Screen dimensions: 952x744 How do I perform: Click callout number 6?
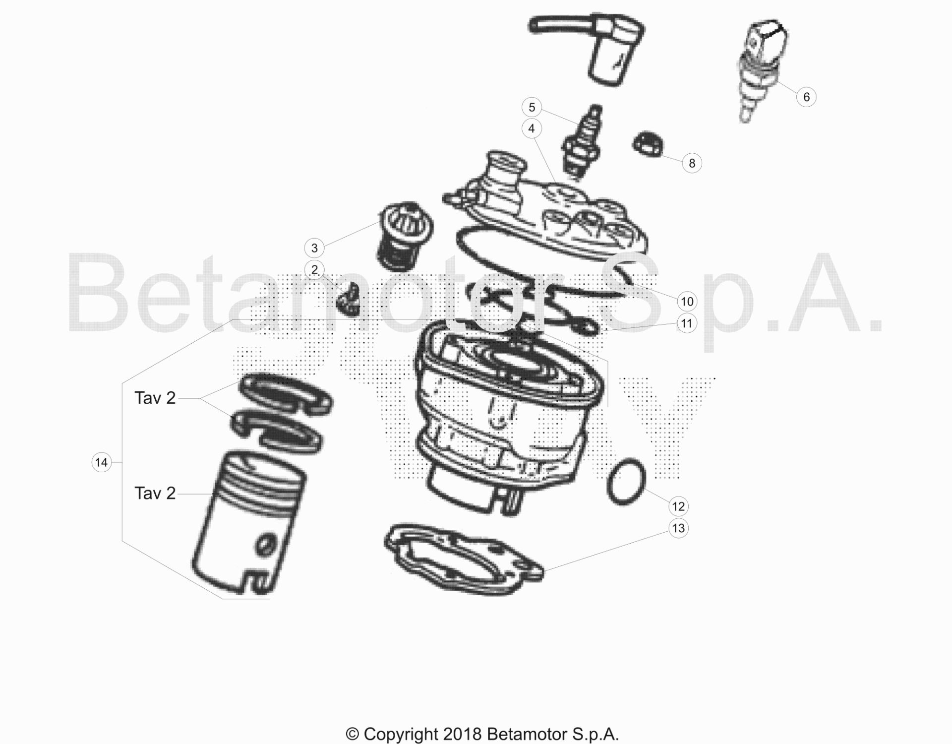coord(806,97)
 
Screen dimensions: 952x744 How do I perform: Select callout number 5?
coord(532,107)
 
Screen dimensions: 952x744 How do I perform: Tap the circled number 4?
coord(532,128)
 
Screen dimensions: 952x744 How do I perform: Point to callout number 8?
coord(692,163)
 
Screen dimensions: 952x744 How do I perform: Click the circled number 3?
coord(314,248)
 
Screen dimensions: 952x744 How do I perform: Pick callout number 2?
coord(314,270)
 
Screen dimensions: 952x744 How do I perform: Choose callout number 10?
coord(687,301)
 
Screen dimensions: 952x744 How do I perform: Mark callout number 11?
coord(687,323)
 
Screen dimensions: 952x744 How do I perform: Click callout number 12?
coord(678,506)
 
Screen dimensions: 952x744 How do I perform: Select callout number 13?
coord(678,528)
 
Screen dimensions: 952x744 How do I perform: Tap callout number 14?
coord(101,463)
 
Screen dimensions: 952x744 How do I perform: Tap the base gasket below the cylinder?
coord(464,558)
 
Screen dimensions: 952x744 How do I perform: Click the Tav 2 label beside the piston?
coord(155,493)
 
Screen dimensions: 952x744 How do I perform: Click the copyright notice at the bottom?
coord(482,734)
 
